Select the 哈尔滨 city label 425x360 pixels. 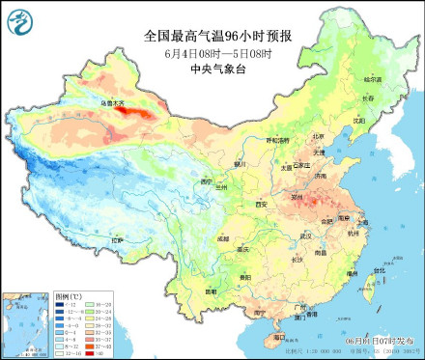372,78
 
